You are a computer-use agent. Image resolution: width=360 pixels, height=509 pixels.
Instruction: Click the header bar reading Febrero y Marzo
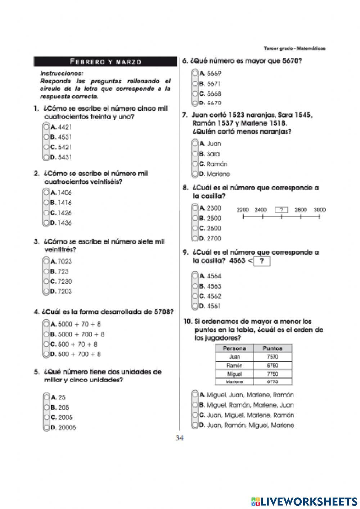[x=105, y=62]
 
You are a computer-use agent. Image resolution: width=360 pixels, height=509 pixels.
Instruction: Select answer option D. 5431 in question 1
[x=46, y=157]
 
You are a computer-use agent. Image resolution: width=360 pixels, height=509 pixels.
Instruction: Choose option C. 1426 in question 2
[x=46, y=213]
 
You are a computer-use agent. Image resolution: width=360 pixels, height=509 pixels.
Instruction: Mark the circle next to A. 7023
[x=46, y=261]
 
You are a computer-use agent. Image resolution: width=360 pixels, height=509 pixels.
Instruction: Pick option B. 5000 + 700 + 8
[x=46, y=334]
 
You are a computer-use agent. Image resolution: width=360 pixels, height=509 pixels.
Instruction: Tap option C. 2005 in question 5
[x=46, y=418]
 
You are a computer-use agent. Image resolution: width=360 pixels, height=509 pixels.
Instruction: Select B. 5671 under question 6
[x=195, y=84]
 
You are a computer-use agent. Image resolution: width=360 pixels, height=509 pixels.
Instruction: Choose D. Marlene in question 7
[x=195, y=174]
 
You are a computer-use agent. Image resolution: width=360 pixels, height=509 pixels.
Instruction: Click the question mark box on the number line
[x=282, y=210]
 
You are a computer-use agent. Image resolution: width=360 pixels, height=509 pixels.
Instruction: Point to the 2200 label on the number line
[x=243, y=210]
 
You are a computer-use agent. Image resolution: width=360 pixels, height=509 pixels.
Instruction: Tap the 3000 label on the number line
[x=320, y=210]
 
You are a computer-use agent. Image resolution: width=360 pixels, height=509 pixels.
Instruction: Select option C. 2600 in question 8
[x=195, y=228]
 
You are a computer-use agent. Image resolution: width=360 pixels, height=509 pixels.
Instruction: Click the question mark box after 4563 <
[x=262, y=261]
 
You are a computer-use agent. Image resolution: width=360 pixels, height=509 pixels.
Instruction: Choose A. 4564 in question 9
[x=195, y=276]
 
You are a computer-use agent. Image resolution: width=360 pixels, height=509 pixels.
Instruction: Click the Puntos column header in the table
[x=273, y=348]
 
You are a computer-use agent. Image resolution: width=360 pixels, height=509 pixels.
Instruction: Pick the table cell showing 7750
[x=273, y=374]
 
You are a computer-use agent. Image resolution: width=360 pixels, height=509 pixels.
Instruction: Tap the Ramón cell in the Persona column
[x=235, y=365]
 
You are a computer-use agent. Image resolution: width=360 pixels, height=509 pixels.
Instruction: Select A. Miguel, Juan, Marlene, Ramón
[x=195, y=395]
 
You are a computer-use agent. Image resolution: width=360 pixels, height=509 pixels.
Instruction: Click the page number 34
[x=180, y=438]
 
